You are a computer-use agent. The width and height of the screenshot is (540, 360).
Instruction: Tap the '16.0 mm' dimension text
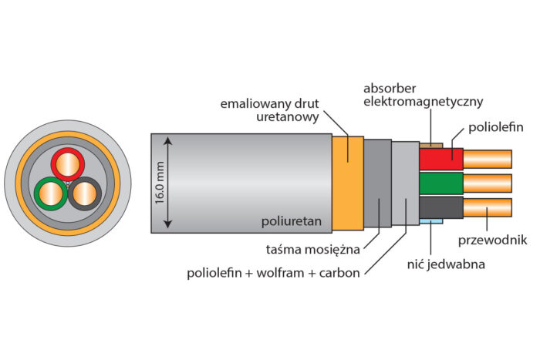coord(160,182)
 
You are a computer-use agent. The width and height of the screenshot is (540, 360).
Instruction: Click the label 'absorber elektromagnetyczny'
coord(423,94)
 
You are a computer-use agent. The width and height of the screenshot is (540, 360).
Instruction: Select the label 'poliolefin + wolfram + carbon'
coord(273,273)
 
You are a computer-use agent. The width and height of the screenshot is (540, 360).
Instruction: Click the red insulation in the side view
coord(440,159)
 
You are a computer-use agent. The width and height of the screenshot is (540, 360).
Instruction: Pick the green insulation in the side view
coord(440,183)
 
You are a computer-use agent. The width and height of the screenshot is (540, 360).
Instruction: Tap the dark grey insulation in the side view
coord(440,207)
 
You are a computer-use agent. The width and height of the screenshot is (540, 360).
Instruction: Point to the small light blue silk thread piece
coord(432,222)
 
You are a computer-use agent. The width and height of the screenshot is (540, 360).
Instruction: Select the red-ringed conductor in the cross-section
coord(68,164)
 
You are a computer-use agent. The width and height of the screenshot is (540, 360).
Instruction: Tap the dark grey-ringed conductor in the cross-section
coord(84,193)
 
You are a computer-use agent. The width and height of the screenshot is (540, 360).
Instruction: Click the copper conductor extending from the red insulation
coord(487,159)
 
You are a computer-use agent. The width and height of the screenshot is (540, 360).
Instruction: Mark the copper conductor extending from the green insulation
coord(487,183)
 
